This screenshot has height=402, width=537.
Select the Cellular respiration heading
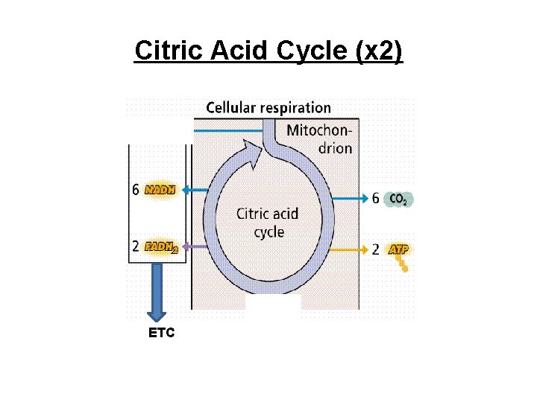268,108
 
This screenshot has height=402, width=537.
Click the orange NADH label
161,190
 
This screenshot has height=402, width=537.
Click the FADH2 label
162,247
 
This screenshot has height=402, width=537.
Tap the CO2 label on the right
399,199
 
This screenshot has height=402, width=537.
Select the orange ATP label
398,250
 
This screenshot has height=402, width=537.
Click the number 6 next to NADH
136,190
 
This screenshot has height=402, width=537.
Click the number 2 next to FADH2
136,247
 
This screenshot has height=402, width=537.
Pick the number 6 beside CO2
376,199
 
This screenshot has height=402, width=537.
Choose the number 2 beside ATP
376,250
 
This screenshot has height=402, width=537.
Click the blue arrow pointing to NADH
195,191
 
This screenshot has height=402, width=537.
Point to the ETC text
162,333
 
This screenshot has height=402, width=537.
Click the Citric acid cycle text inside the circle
268,223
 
